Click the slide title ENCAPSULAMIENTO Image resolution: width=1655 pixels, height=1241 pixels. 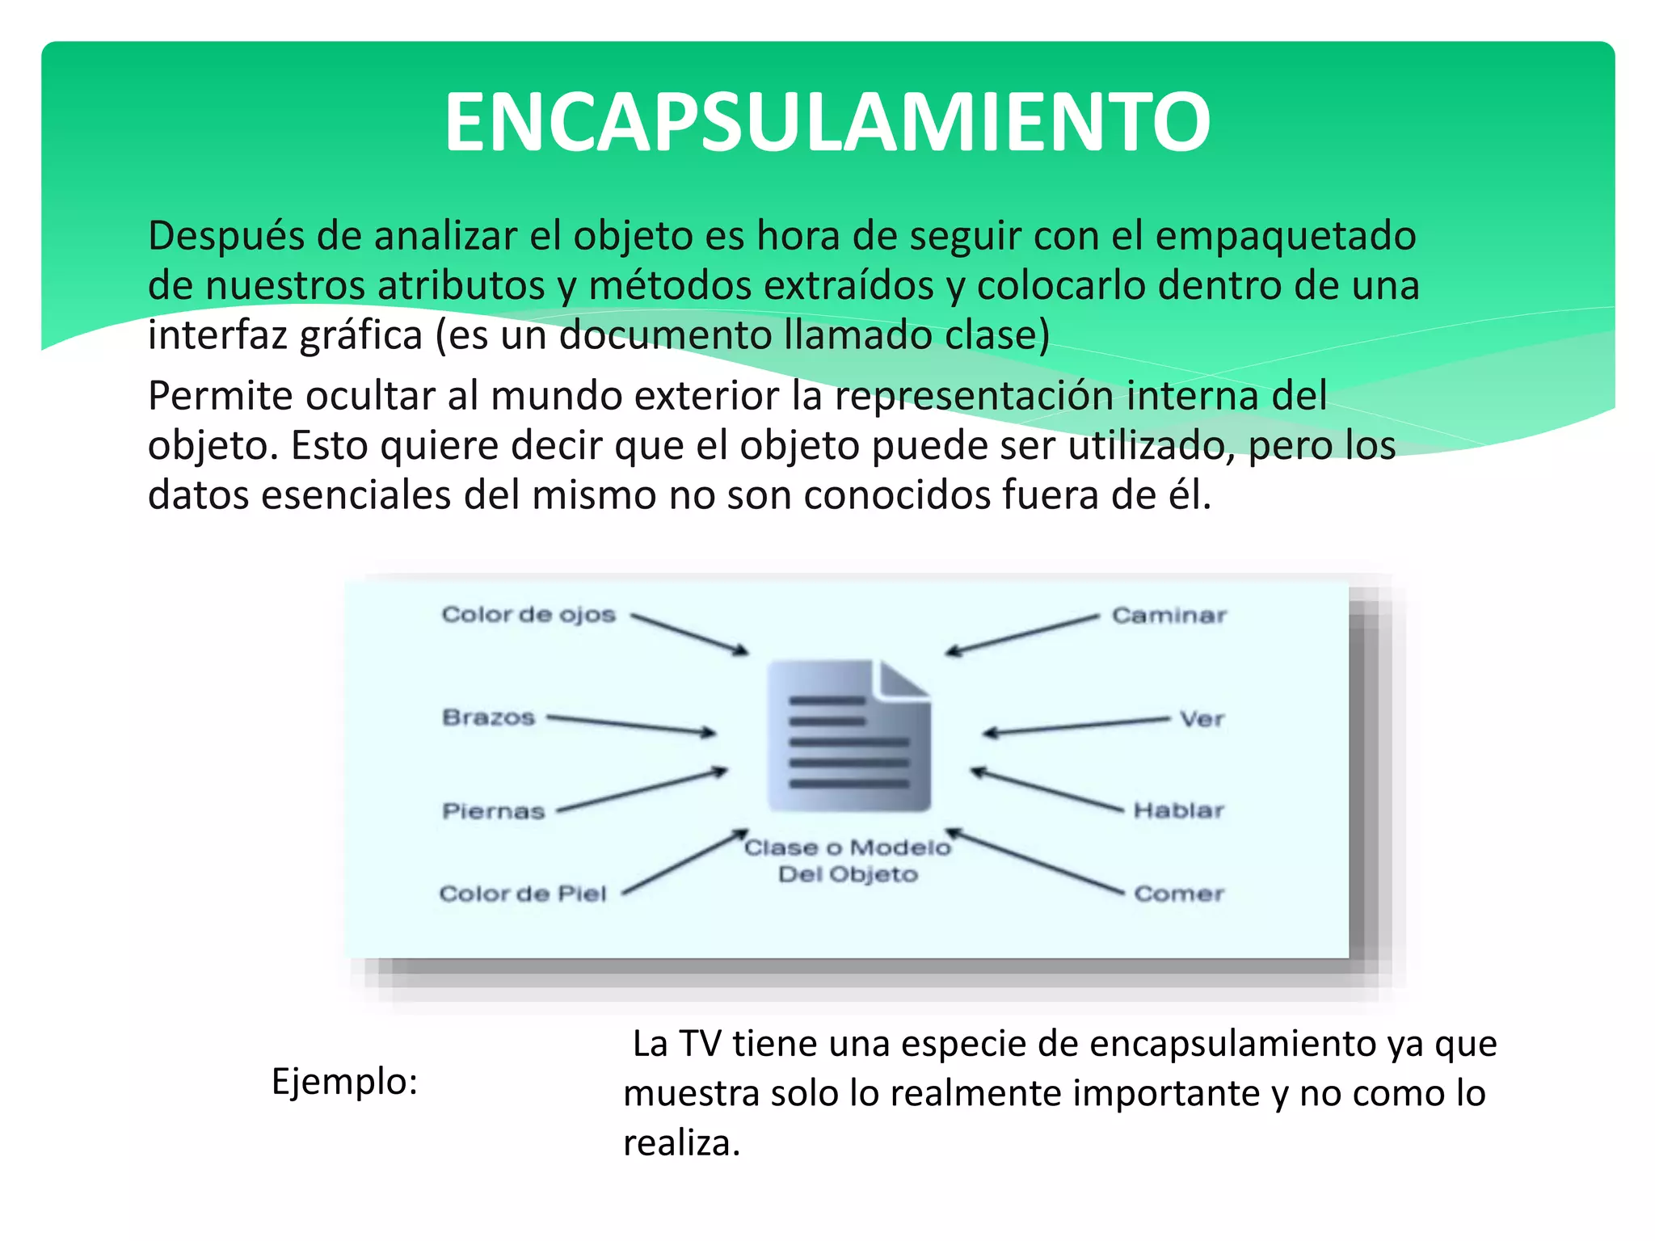827,122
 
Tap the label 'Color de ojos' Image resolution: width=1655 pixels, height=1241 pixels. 529,615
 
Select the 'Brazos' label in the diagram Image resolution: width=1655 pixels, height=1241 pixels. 488,717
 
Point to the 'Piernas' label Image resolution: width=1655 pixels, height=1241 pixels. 493,811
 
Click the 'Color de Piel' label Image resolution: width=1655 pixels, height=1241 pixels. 522,894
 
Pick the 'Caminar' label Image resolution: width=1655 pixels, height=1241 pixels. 1169,616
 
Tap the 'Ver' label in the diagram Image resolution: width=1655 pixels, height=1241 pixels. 1202,719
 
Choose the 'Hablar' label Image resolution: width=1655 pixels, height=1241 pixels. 1178,810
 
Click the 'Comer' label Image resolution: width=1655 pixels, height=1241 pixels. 1179,894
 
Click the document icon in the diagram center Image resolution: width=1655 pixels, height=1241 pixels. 849,735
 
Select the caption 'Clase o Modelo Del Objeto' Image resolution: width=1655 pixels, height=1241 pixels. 848,860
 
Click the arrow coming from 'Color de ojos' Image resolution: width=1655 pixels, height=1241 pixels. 689,634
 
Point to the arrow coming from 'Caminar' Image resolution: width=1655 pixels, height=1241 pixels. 1022,634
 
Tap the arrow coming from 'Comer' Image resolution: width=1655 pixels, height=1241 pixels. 1034,862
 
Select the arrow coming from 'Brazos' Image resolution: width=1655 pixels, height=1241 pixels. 631,725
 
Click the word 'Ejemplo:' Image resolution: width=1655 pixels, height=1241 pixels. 344,1082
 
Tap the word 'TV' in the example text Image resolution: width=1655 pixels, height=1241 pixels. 699,1044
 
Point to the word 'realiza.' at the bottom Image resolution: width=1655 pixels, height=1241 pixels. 681,1143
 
